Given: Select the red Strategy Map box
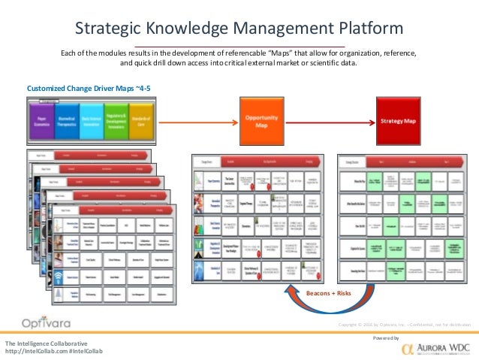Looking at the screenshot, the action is click(397, 120).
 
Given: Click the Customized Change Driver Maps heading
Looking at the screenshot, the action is click(83, 88).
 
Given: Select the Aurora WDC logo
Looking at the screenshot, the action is click(435, 349).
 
